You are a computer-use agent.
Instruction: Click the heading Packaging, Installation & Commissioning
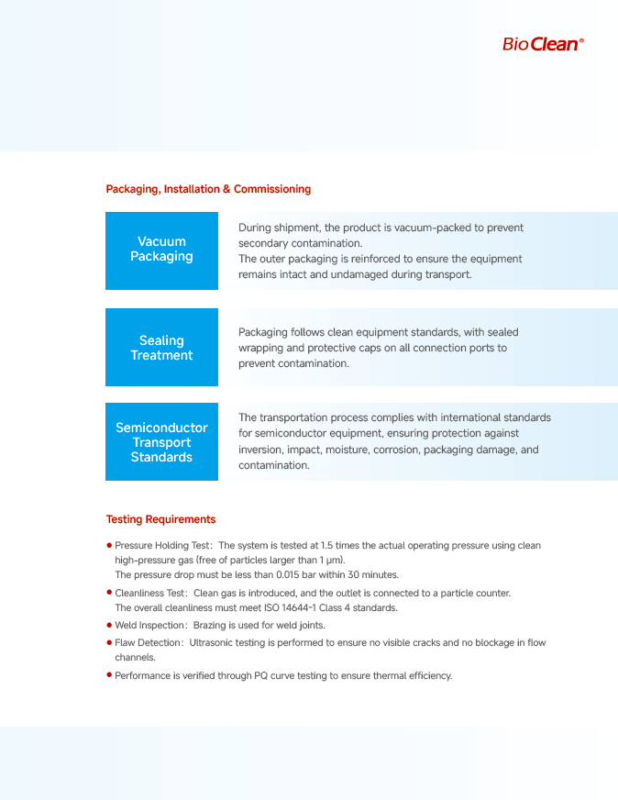point(208,189)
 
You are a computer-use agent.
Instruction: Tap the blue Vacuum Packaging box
point(161,250)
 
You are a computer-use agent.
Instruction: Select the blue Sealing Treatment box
point(161,348)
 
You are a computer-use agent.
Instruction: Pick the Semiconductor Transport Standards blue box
point(161,442)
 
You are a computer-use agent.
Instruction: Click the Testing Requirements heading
point(160,519)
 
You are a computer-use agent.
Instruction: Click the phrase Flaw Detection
point(149,642)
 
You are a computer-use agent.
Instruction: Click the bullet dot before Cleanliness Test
point(109,594)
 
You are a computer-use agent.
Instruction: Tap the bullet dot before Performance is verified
point(109,676)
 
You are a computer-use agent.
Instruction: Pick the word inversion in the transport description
point(259,450)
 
